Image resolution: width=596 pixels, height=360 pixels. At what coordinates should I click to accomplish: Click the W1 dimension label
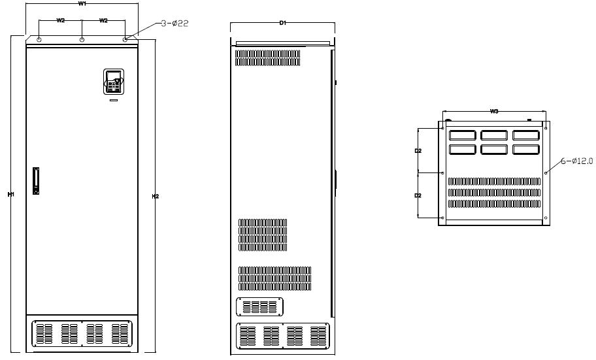pos(82,4)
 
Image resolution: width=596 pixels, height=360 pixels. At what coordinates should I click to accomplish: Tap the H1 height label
pos(11,194)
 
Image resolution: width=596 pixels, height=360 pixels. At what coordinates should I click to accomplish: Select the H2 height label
pos(155,196)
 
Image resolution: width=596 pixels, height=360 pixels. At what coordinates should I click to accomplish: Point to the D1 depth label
pos(283,23)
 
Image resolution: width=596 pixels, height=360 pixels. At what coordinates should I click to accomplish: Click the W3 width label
pos(494,111)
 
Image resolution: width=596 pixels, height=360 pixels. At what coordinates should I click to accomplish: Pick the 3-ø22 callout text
pos(174,23)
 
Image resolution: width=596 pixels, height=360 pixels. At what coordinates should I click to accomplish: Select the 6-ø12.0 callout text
pos(576,161)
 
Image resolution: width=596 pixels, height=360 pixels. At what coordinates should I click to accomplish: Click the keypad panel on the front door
pos(114,82)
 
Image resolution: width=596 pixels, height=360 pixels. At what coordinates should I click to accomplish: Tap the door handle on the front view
pos(36,180)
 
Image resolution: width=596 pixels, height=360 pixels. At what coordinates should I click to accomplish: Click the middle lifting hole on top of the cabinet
pos(82,40)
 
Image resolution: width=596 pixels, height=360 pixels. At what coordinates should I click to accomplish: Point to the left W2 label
pos(60,20)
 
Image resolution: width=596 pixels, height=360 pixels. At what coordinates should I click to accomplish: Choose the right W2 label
pos(103,20)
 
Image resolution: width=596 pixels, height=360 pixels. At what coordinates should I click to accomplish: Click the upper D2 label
pos(418,151)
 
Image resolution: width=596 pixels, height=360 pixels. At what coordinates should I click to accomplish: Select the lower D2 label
pos(418,195)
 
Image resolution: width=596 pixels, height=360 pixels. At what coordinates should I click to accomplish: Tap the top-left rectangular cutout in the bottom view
pos(462,135)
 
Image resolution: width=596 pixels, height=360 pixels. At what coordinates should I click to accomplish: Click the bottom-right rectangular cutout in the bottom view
pos(526,150)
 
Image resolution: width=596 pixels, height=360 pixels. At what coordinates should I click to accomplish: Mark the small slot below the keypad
pos(114,101)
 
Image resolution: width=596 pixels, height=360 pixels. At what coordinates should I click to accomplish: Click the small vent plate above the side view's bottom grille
pos(259,307)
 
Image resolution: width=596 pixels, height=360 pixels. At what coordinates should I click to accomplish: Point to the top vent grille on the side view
pos(267,57)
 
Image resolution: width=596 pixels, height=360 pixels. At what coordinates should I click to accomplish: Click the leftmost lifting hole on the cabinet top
pos(39,40)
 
